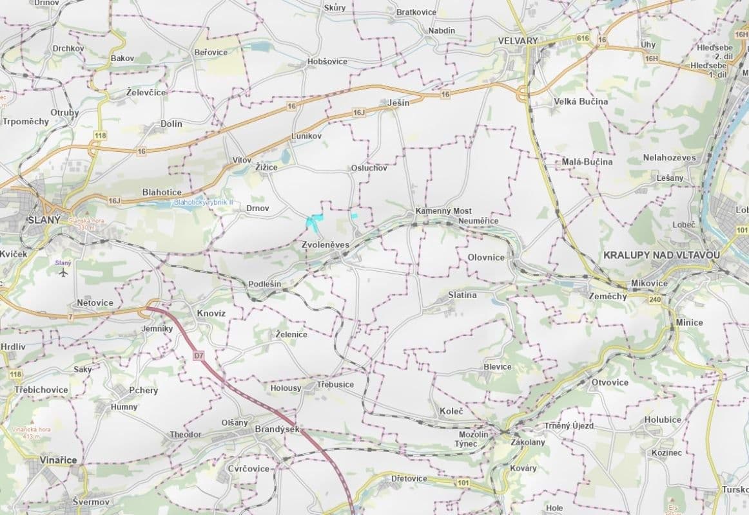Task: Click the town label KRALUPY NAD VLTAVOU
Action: point(661,255)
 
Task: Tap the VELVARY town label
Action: point(518,41)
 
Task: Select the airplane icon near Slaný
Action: point(63,273)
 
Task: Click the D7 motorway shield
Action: point(199,355)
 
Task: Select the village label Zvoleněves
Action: point(326,245)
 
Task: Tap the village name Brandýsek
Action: point(278,429)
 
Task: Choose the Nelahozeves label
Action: point(669,158)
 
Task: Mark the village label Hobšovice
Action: point(327,62)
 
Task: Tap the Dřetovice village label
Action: point(409,479)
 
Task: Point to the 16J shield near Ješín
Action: point(359,113)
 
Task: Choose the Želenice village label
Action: point(291,335)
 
